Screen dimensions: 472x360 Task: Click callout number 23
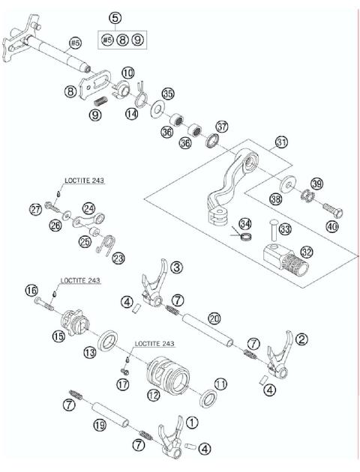pos(120,258)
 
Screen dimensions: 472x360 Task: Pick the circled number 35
pos(168,93)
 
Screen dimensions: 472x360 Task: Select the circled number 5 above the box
pos(114,17)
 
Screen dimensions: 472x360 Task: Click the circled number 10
pos(128,72)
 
